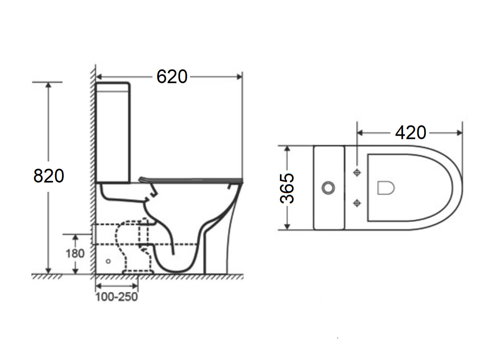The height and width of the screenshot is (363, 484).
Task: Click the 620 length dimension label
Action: (172, 77)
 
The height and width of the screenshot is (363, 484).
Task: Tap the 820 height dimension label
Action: (49, 176)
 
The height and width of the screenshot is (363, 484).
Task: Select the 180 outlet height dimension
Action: (75, 253)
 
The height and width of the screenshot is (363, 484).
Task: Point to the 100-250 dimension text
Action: (117, 297)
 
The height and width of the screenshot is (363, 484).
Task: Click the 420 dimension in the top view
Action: (410, 132)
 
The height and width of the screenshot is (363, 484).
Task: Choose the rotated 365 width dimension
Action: (287, 188)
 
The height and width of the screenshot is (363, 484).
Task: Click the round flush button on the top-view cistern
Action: (329, 187)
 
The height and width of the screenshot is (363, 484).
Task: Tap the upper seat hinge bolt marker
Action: (357, 172)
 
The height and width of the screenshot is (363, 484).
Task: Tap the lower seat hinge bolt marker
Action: (357, 203)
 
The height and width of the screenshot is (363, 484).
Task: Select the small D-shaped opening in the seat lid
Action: (386, 188)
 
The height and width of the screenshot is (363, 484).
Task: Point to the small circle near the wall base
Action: (108, 261)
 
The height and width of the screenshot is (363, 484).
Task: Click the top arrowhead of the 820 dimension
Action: (49, 85)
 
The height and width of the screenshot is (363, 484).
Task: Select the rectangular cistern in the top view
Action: (329, 188)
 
